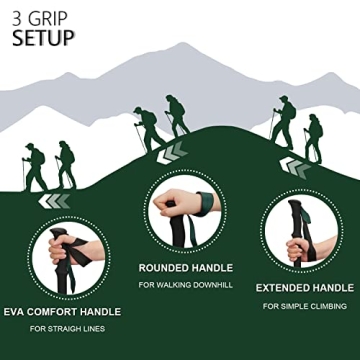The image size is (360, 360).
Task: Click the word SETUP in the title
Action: [x=43, y=39]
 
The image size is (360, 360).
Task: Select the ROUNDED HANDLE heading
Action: [x=185, y=268]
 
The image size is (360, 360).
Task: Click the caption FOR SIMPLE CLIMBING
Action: [x=305, y=306]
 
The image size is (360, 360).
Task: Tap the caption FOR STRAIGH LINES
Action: [x=68, y=329]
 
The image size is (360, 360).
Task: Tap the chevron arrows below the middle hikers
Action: [x=174, y=152]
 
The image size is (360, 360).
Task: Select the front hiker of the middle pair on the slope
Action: [x=147, y=127]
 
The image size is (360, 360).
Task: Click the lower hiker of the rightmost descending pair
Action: [x=313, y=137]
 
